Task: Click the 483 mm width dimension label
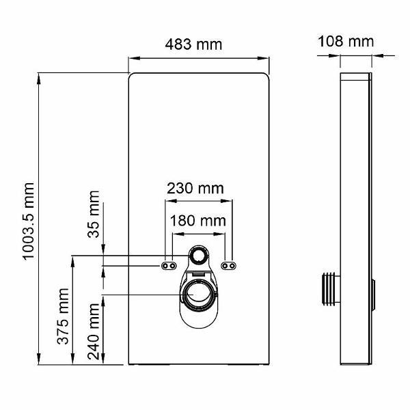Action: click(x=194, y=44)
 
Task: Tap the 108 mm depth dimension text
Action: click(x=345, y=41)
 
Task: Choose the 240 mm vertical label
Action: click(x=94, y=330)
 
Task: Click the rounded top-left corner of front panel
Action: click(x=132, y=76)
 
